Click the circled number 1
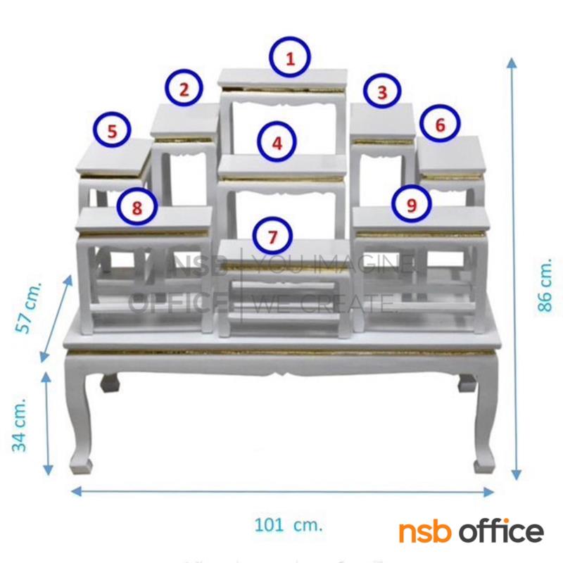tap(290, 58)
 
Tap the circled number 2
tap(184, 89)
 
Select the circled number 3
tap(381, 91)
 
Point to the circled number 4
tap(277, 143)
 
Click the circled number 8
tap(137, 206)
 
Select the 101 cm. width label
tap(287, 524)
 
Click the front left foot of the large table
tap(80, 464)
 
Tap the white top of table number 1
tap(284, 77)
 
